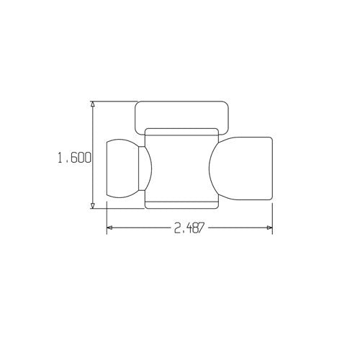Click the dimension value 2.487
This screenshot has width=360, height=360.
189,228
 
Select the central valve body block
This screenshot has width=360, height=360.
181,167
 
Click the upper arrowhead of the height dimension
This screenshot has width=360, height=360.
93,105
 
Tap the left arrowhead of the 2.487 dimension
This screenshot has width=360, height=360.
110,228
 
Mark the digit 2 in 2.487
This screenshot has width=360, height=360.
176,228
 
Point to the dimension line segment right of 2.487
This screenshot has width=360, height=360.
238,228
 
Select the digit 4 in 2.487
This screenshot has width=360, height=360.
186,228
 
